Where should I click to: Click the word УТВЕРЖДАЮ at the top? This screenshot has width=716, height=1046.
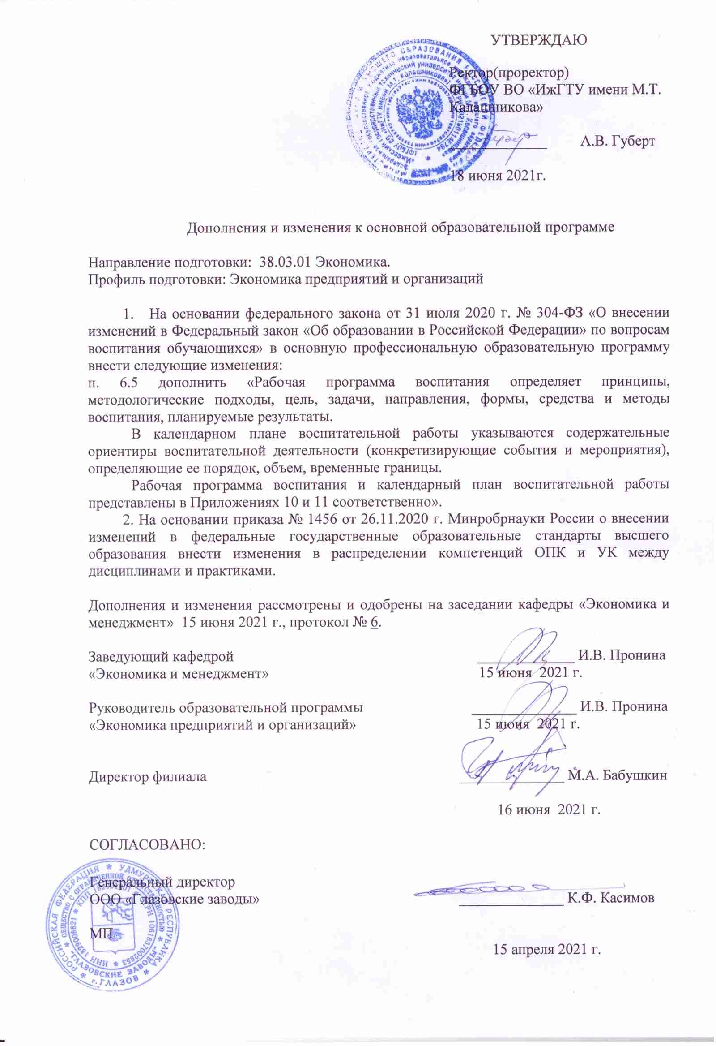coord(539,40)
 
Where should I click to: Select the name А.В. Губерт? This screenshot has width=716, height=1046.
coord(618,141)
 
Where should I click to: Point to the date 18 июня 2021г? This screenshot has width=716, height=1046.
coord(499,175)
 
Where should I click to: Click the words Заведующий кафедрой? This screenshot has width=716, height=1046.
coord(161,657)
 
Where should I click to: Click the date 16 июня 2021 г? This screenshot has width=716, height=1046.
coord(549,810)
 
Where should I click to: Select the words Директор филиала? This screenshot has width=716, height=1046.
coord(148,776)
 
